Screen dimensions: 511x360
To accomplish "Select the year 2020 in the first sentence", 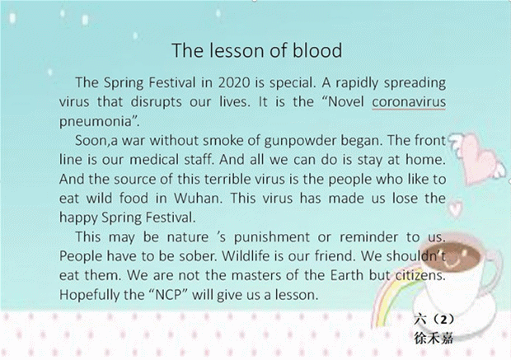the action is click(x=234, y=82).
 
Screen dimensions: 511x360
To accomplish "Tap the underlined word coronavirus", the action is click(x=409, y=102).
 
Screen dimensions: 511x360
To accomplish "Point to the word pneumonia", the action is click(x=96, y=122).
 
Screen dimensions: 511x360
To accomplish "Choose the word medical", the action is click(x=154, y=160).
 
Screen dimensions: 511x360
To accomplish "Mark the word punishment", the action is click(x=272, y=237).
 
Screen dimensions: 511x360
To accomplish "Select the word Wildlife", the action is click(x=246, y=256).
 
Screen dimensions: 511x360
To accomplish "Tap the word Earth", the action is click(x=347, y=275).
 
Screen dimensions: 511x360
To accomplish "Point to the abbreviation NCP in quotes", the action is click(x=168, y=295).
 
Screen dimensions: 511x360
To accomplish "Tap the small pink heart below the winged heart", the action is click(x=455, y=208).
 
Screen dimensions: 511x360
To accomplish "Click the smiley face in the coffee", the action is click(x=459, y=256).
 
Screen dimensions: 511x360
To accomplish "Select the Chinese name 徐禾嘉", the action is click(x=434, y=339).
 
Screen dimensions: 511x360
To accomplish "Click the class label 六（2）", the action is click(x=434, y=320).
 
